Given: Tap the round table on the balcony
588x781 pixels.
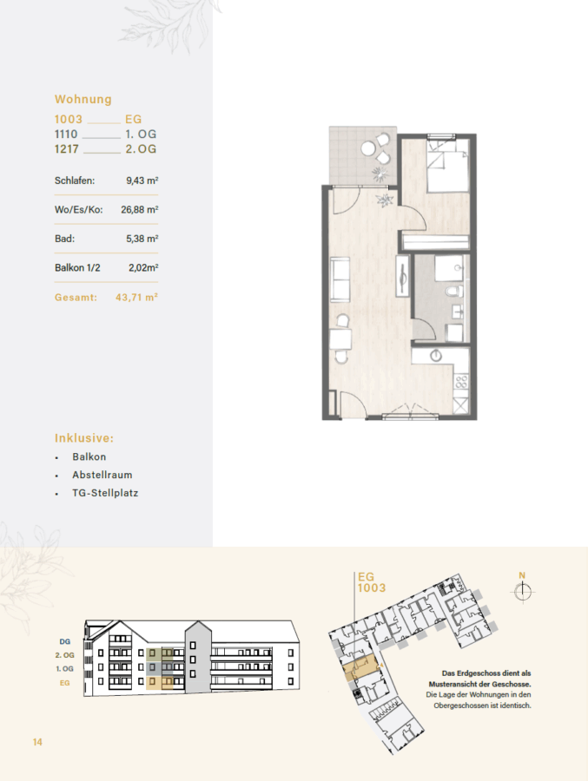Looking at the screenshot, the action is pyautogui.click(x=369, y=148).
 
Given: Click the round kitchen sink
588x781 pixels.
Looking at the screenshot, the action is pyautogui.click(x=436, y=355).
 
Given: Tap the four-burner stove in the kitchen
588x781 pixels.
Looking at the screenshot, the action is pyautogui.click(x=462, y=382).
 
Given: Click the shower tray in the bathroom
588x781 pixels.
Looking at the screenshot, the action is pyautogui.click(x=451, y=268).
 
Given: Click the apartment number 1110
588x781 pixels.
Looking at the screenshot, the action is pyautogui.click(x=66, y=134).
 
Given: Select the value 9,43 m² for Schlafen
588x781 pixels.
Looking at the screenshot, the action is pyautogui.click(x=142, y=180).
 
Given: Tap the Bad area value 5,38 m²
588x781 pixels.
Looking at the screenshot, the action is pyautogui.click(x=142, y=239).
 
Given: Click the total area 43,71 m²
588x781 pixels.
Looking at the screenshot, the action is pyautogui.click(x=136, y=298).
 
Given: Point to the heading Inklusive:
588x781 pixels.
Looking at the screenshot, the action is pyautogui.click(x=84, y=438).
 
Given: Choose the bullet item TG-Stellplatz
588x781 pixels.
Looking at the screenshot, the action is pyautogui.click(x=105, y=493).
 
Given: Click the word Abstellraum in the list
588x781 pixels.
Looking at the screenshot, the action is pyautogui.click(x=102, y=475).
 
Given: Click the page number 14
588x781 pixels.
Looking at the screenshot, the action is pyautogui.click(x=37, y=742).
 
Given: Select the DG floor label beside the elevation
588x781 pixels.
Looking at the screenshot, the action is pyautogui.click(x=65, y=641).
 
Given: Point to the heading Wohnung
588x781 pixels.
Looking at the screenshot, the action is pyautogui.click(x=83, y=99).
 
